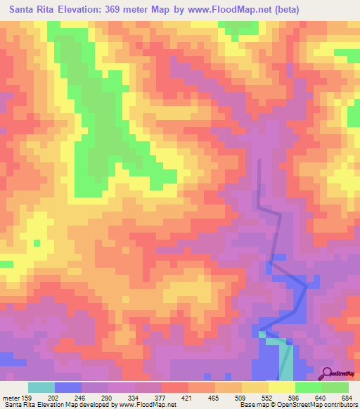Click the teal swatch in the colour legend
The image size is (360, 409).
41,387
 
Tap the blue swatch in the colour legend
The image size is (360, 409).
68,387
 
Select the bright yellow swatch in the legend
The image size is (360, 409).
282,387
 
